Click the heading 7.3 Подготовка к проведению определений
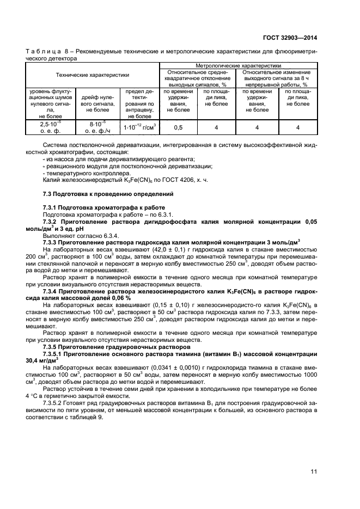pos(108,194)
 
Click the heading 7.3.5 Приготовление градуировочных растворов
pos(109,346)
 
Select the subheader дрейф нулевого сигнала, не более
pos(97,100)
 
